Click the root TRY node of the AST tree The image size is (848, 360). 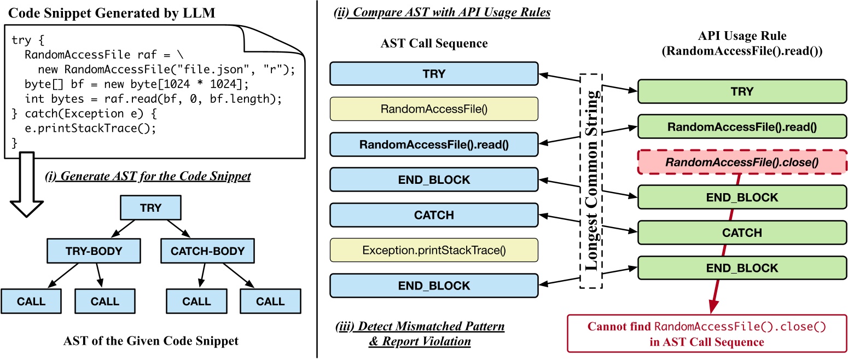pyautogui.click(x=150, y=208)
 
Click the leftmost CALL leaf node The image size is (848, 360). pyautogui.click(x=31, y=301)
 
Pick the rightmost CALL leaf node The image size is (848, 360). pyautogui.click(x=270, y=301)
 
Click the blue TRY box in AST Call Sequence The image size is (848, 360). pyautogui.click(x=434, y=73)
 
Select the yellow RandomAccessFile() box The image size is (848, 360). pyautogui.click(x=434, y=109)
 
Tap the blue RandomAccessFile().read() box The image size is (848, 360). pyautogui.click(x=434, y=144)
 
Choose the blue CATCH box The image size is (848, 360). pyautogui.click(x=434, y=214)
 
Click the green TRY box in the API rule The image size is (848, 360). pyautogui.click(x=742, y=91)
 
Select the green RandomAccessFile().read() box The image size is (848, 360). pyautogui.click(x=742, y=126)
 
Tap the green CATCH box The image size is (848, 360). pyautogui.click(x=742, y=233)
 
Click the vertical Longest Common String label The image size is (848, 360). pyautogui.click(x=590, y=181)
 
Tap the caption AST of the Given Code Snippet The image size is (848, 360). pyautogui.click(x=150, y=341)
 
